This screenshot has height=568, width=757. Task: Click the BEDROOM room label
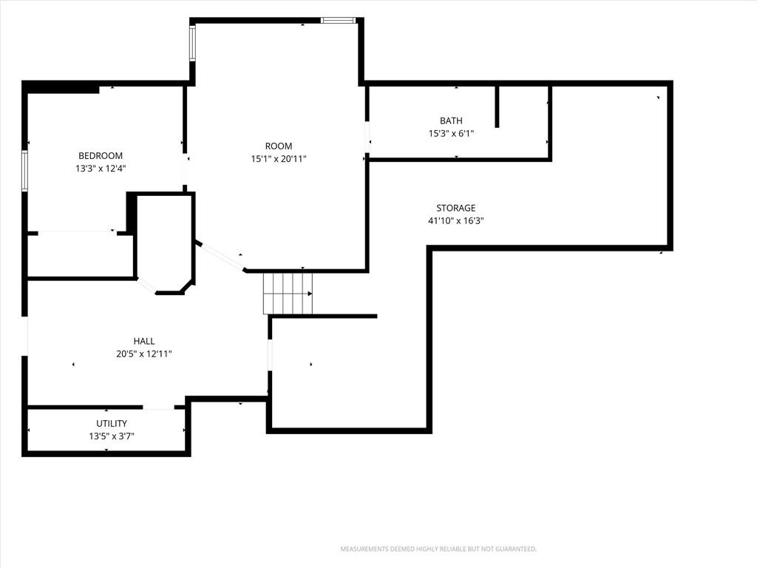pyautogui.click(x=101, y=155)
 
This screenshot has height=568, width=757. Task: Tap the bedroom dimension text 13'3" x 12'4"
pyautogui.click(x=101, y=169)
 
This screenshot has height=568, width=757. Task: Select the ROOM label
pyautogui.click(x=279, y=146)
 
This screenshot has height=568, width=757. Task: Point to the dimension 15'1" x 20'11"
pyautogui.click(x=279, y=158)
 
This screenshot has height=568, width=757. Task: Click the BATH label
pyautogui.click(x=451, y=121)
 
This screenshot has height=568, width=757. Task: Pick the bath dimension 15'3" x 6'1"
pyautogui.click(x=451, y=133)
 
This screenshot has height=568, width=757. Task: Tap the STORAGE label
pyautogui.click(x=455, y=208)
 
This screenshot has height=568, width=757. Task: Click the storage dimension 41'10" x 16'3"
pyautogui.click(x=455, y=220)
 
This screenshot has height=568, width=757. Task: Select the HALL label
pyautogui.click(x=144, y=341)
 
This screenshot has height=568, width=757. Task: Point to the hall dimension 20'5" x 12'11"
pyautogui.click(x=144, y=354)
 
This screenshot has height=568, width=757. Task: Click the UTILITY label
pyautogui.click(x=112, y=424)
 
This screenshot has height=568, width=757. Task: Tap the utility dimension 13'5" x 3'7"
pyautogui.click(x=112, y=436)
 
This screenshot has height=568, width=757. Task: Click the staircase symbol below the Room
pyautogui.click(x=288, y=293)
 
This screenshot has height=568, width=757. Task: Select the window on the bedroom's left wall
pyautogui.click(x=24, y=171)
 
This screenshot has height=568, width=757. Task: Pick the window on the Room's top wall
pyautogui.click(x=339, y=20)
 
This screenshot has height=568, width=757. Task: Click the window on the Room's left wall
pyautogui.click(x=192, y=43)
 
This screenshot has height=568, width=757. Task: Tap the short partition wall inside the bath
pyautogui.click(x=498, y=106)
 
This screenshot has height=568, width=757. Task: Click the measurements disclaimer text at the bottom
pyautogui.click(x=438, y=549)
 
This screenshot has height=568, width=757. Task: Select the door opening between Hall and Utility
pyautogui.click(x=158, y=408)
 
